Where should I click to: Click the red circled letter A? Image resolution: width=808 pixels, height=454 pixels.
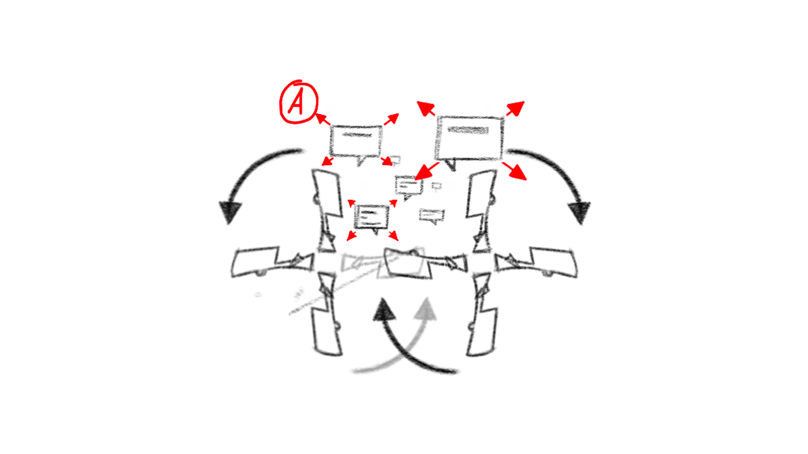pyautogui.click(x=298, y=102)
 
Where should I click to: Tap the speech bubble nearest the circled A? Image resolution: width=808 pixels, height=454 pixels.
pyautogui.click(x=357, y=141)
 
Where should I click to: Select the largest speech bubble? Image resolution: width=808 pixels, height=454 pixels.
pyautogui.click(x=468, y=138)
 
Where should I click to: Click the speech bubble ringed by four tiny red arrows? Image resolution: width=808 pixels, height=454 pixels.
pyautogui.click(x=372, y=217)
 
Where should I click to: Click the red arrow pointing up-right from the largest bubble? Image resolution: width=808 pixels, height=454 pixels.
pyautogui.click(x=515, y=108)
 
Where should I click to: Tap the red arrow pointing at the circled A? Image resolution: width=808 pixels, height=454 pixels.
pyautogui.click(x=323, y=119)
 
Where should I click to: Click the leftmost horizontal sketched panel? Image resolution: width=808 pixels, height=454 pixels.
pyautogui.click(x=256, y=262)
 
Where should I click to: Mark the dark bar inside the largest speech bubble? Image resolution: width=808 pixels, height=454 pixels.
pyautogui.click(x=468, y=131)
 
